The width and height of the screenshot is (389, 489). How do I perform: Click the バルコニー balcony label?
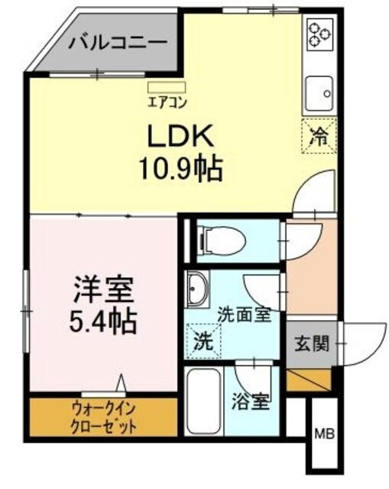tap(118, 43)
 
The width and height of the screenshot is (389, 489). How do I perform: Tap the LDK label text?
tap(180, 136)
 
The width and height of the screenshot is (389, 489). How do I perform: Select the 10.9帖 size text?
tap(181, 169)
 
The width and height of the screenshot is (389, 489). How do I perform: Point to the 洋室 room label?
tap(104, 290)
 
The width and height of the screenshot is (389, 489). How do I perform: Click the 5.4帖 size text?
tap(102, 321)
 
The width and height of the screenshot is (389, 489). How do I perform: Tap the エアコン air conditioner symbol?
tap(167, 87)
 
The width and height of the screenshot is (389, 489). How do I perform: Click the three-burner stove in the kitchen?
tap(319, 34)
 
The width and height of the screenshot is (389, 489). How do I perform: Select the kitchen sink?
tap(319, 93)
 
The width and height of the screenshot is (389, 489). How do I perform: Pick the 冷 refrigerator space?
tap(319, 136)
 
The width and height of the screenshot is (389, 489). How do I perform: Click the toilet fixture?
tap(221, 240)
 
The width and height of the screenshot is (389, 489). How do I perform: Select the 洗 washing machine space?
tap(203, 341)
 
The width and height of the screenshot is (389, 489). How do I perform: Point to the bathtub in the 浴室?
tap(204, 401)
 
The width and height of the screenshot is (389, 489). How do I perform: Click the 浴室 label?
tap(251, 403)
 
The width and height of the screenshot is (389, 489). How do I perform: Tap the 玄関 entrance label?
tap(312, 345)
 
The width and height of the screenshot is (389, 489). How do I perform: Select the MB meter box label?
tap(324, 434)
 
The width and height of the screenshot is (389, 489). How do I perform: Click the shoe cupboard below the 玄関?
tap(309, 380)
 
